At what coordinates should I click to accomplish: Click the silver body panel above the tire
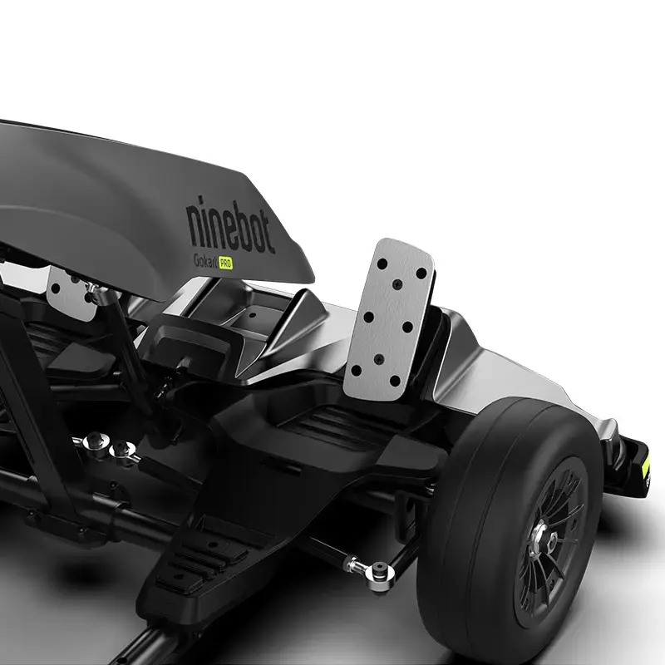tap(499, 374)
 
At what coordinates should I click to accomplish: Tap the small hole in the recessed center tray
tap(252, 314)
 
